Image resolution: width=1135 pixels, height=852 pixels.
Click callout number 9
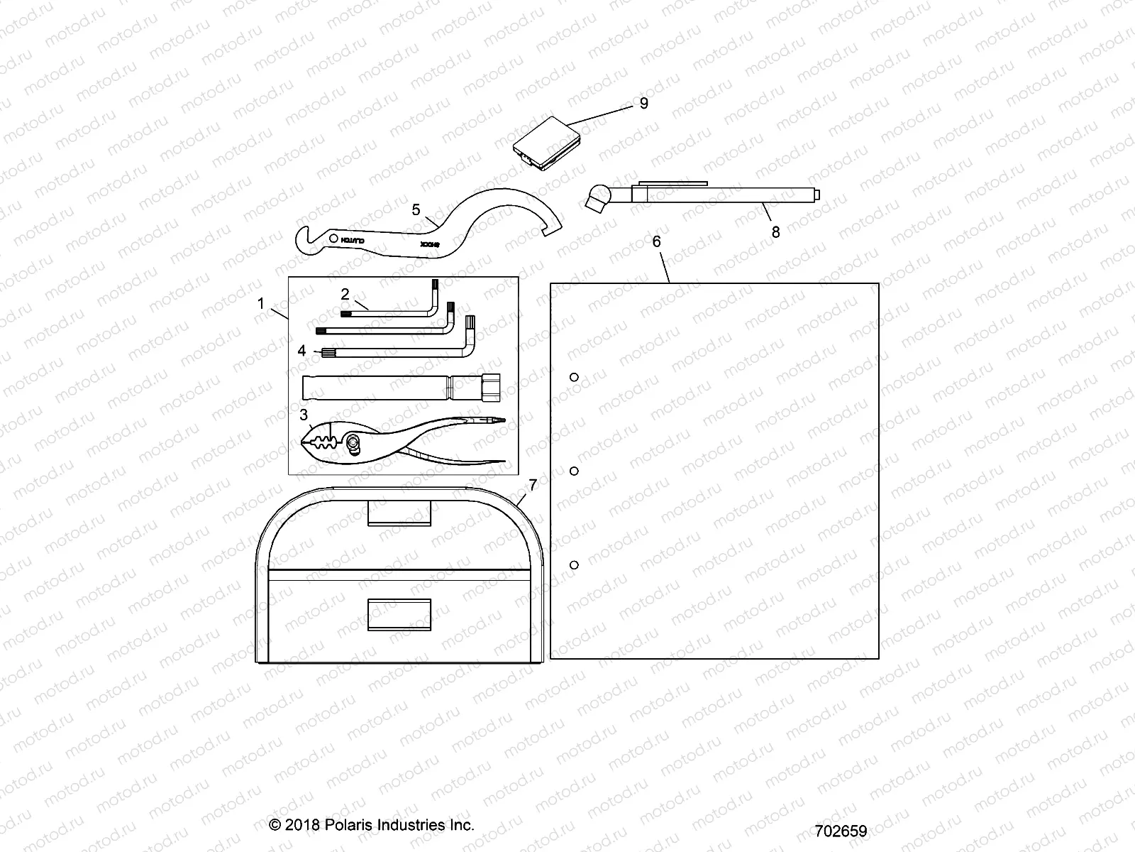[x=643, y=104]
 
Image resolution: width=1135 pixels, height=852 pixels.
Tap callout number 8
[x=775, y=232]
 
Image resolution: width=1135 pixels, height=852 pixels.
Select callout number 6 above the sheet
[x=656, y=242]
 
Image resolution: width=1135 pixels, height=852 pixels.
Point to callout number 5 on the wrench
[x=416, y=209]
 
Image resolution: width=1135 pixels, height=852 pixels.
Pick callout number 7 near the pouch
[x=533, y=485]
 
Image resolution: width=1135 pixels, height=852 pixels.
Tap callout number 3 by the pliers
[x=304, y=415]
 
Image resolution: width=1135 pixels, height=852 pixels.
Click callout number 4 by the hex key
[x=302, y=351]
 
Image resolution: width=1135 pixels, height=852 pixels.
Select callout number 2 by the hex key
[x=345, y=294]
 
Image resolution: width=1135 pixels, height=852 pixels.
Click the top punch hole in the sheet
[x=575, y=377]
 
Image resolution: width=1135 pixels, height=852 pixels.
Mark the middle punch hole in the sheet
[x=575, y=471]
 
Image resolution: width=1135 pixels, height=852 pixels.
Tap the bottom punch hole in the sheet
[x=575, y=564]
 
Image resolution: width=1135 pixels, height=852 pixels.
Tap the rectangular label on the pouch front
[x=399, y=613]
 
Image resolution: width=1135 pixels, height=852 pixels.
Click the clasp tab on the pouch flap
[x=399, y=513]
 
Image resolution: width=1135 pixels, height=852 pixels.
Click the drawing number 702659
[x=841, y=831]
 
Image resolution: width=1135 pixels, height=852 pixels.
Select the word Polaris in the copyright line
[x=350, y=825]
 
